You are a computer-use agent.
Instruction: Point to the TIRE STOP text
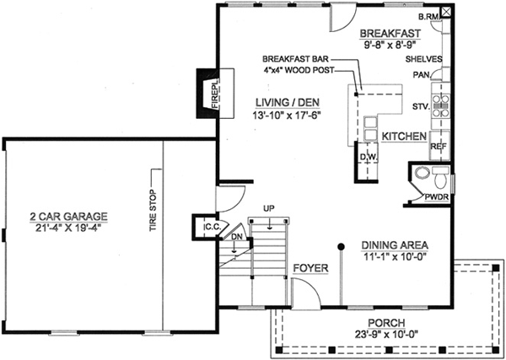coord(153,211)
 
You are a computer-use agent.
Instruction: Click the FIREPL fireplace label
coord(204,91)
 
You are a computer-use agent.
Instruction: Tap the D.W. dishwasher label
coord(368,157)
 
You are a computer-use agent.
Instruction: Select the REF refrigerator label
coord(438,147)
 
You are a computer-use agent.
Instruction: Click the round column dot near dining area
coord(341,247)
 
